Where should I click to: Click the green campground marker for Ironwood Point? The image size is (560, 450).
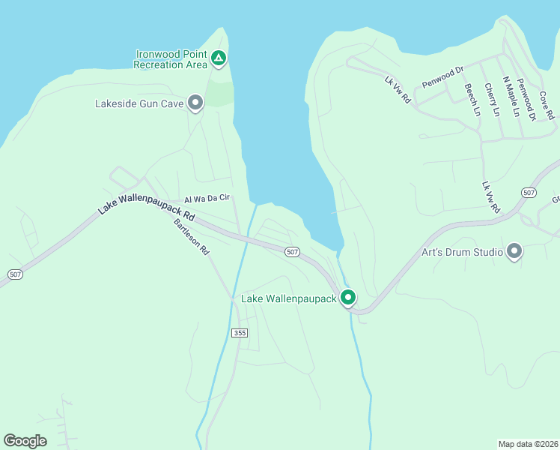click(x=218, y=58)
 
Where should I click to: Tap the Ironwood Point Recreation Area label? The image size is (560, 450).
click(x=170, y=59)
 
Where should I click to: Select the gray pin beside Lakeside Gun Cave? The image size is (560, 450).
click(x=195, y=103)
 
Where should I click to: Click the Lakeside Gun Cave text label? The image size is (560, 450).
click(x=139, y=103)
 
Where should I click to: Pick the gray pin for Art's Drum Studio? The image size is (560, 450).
click(x=514, y=251)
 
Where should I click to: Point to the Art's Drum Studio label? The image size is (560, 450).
click(x=462, y=252)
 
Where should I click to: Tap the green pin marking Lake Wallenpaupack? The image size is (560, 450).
click(x=348, y=297)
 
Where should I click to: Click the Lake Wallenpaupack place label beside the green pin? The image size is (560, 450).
click(x=289, y=298)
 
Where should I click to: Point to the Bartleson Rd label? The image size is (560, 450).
click(x=191, y=237)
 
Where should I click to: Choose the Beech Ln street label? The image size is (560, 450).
click(x=472, y=100)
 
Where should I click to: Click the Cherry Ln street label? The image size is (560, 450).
click(x=492, y=100)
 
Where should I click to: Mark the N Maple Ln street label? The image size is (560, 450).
click(x=511, y=97)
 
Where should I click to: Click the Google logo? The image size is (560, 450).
click(x=25, y=441)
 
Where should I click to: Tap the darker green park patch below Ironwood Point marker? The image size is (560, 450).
click(x=219, y=93)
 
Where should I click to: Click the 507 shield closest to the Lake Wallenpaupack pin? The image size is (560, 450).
click(x=293, y=252)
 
